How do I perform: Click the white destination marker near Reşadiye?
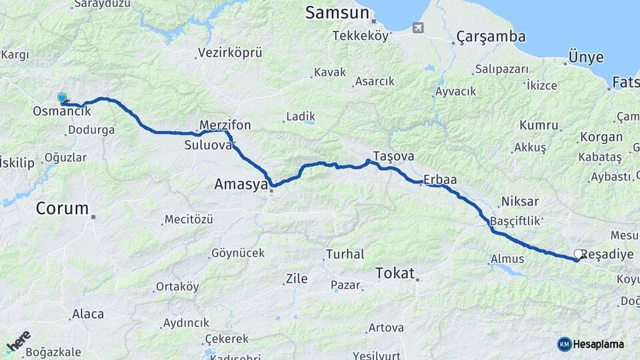tap(578, 254)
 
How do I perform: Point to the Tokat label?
tap(395, 273)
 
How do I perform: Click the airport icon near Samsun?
tap(418, 28)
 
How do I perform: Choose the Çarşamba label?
tap(491, 37)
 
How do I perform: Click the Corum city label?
tap(62, 208)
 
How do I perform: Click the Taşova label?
tap(393, 155)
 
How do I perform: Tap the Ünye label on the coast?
tap(585, 57)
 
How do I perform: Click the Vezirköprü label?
tap(230, 53)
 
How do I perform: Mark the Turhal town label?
tap(345, 254)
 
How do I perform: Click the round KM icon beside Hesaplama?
tap(564, 344)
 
